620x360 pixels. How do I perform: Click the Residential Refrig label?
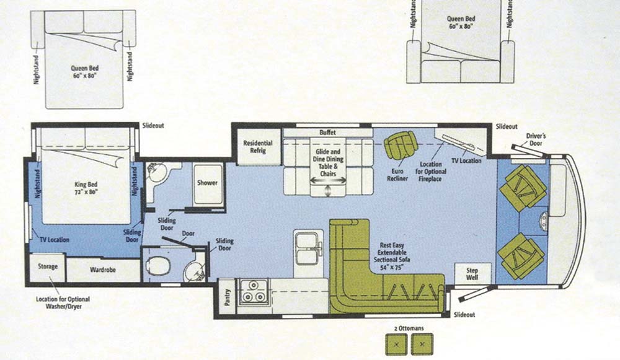(258, 147)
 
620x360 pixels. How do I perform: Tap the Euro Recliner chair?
(401, 144)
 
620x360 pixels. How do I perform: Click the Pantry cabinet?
(227, 297)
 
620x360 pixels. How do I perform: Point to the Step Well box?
(472, 274)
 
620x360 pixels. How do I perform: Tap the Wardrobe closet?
(103, 270)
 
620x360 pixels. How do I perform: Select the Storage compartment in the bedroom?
(48, 267)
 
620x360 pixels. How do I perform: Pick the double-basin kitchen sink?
(307, 248)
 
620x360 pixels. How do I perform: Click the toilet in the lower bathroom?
(157, 265)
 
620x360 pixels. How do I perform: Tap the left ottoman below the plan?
(397, 344)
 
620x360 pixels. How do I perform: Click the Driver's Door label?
(536, 139)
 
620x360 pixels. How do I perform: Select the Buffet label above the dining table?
(327, 133)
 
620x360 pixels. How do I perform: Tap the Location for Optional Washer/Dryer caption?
(63, 303)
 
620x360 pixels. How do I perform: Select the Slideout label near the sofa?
(464, 315)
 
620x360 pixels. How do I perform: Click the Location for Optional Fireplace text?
(431, 172)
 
